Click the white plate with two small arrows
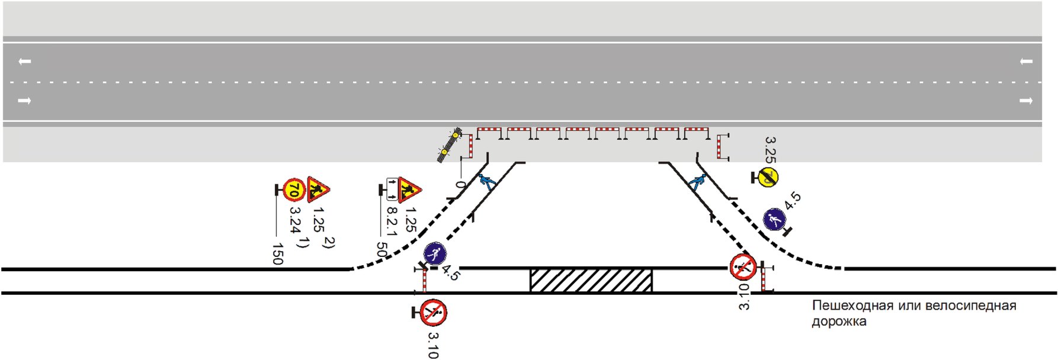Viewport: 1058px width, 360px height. [x=392, y=189]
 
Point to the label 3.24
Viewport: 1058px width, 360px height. [x=295, y=220]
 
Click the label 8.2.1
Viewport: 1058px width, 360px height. [x=392, y=220]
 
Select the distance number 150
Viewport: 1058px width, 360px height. [x=277, y=253]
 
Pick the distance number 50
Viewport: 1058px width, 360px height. [x=381, y=250]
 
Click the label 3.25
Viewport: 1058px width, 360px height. [x=770, y=150]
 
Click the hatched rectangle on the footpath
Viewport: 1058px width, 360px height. [x=591, y=280]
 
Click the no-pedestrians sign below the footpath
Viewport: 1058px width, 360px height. [x=434, y=313]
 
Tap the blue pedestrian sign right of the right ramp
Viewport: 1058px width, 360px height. [x=774, y=220]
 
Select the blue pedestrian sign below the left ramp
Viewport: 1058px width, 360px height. [x=435, y=255]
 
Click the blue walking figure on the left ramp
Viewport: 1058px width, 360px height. [x=487, y=181]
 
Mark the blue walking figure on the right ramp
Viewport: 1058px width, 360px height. [x=697, y=182]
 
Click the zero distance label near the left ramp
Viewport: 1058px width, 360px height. [x=461, y=185]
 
